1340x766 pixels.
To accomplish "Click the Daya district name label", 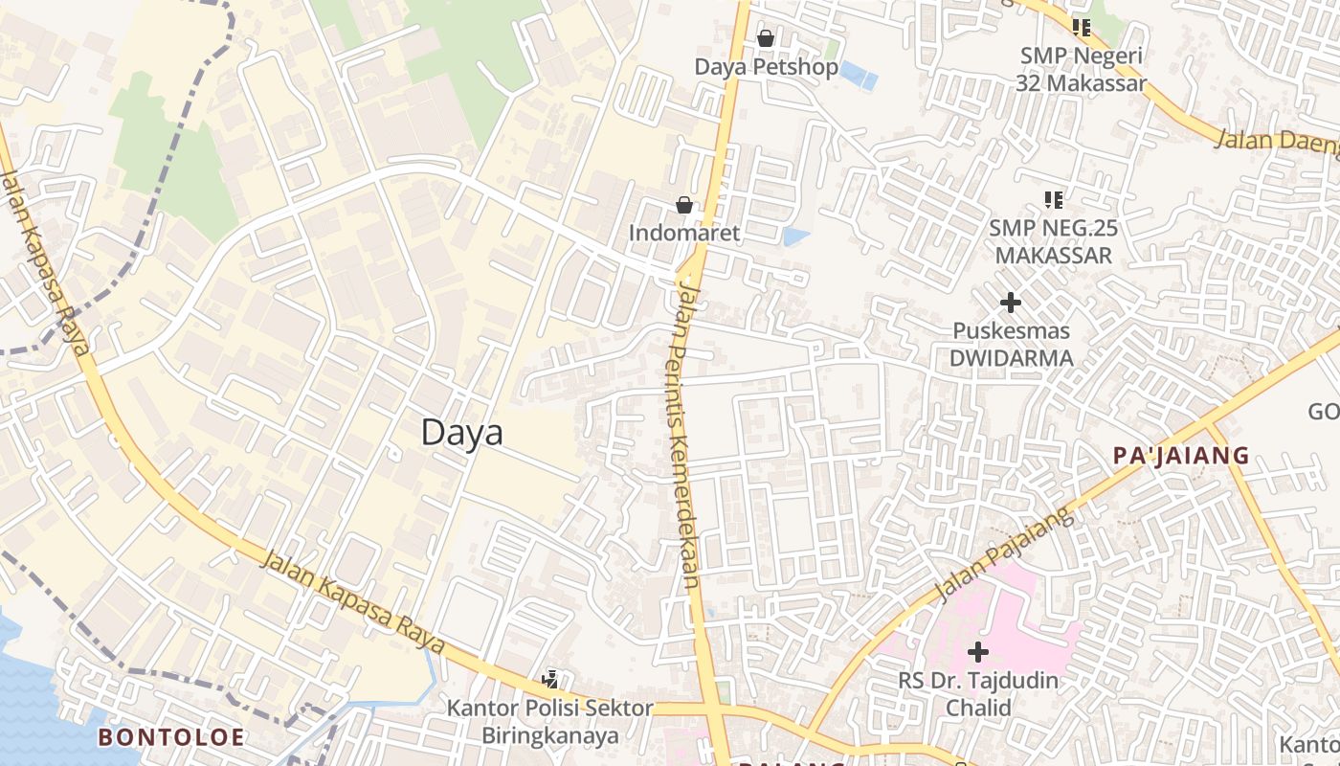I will pyautogui.click(x=462, y=433).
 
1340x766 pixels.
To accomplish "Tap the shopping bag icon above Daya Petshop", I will pyautogui.click(x=766, y=38).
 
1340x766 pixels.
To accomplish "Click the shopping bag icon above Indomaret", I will pyautogui.click(x=684, y=205).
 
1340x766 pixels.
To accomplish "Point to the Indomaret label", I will pyautogui.click(x=684, y=233).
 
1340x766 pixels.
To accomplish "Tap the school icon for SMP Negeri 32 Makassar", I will pyautogui.click(x=1082, y=28).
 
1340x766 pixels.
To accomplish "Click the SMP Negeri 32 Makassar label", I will pyautogui.click(x=1082, y=69).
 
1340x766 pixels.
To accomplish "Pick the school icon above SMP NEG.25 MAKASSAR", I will pyautogui.click(x=1054, y=200).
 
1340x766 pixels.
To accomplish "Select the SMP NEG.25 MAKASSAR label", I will pyautogui.click(x=1054, y=241).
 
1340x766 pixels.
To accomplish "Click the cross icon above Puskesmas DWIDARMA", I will pyautogui.click(x=1010, y=304).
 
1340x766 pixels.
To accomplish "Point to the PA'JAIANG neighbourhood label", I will pyautogui.click(x=1181, y=456).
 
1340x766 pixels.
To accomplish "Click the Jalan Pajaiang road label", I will pyautogui.click(x=1004, y=557).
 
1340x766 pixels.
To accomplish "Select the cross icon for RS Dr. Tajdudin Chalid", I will pyautogui.click(x=977, y=653).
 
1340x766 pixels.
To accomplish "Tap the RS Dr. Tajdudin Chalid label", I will pyautogui.click(x=977, y=694).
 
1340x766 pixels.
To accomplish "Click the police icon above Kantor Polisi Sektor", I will pyautogui.click(x=550, y=680).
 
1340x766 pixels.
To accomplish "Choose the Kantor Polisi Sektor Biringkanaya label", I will pyautogui.click(x=550, y=722).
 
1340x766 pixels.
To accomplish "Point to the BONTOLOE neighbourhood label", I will pyautogui.click(x=171, y=737).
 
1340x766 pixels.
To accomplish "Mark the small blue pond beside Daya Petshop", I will pyautogui.click(x=858, y=75).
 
